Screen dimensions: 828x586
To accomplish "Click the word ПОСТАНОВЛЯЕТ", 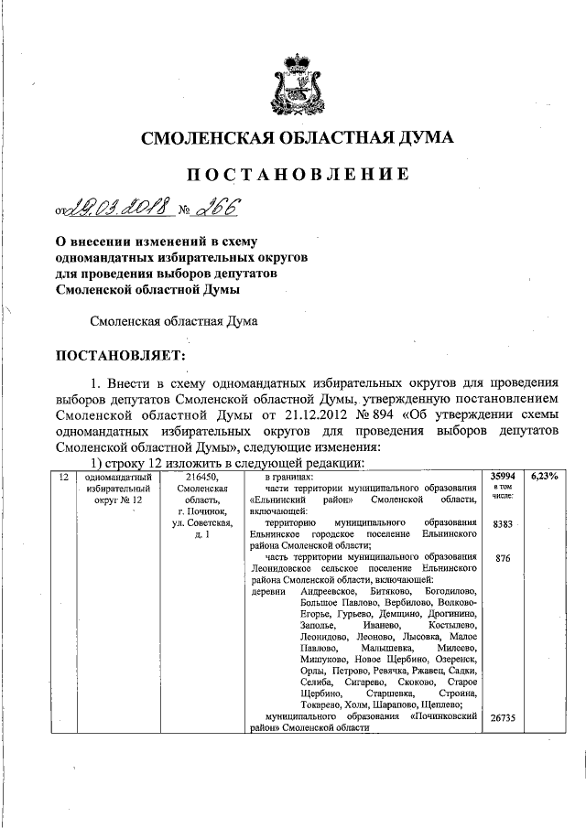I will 122,353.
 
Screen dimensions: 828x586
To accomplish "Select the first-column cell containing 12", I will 63,477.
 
